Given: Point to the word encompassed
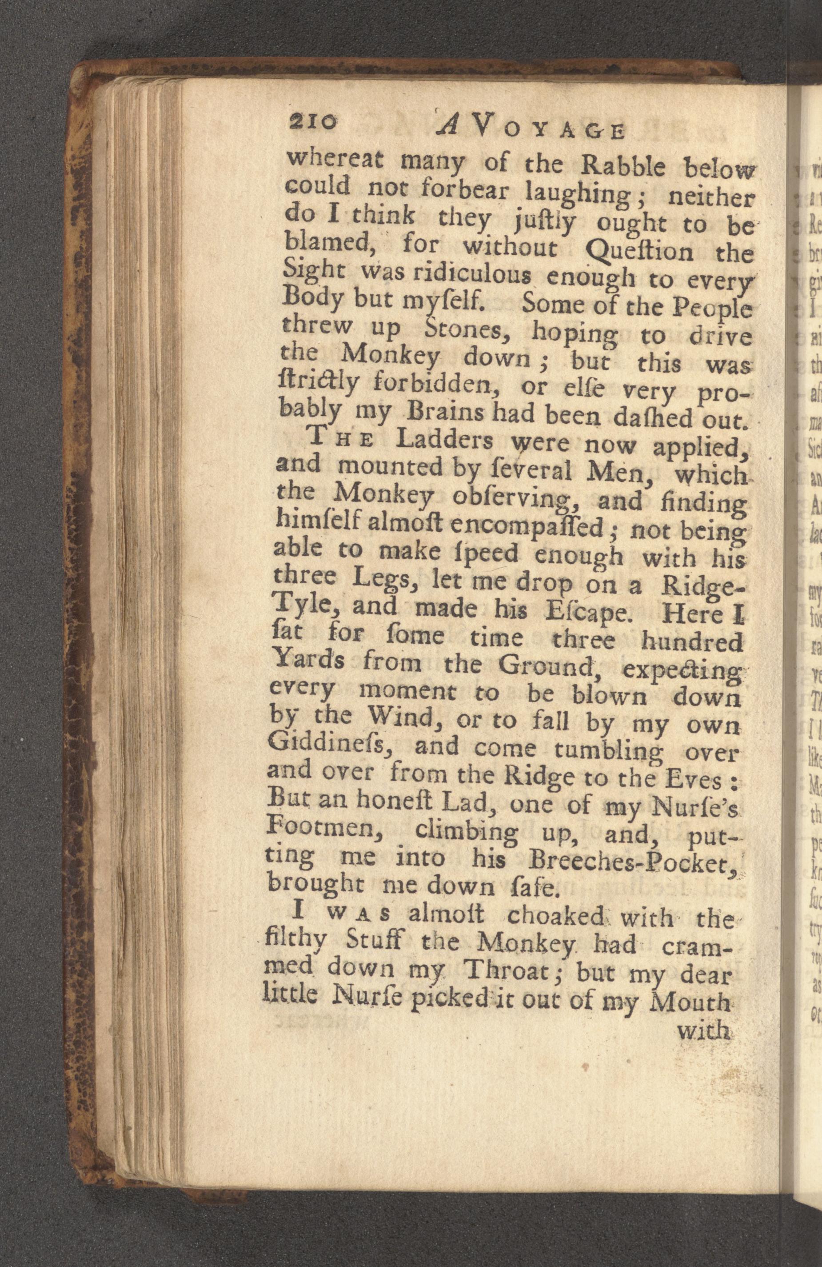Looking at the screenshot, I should [x=529, y=528].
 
